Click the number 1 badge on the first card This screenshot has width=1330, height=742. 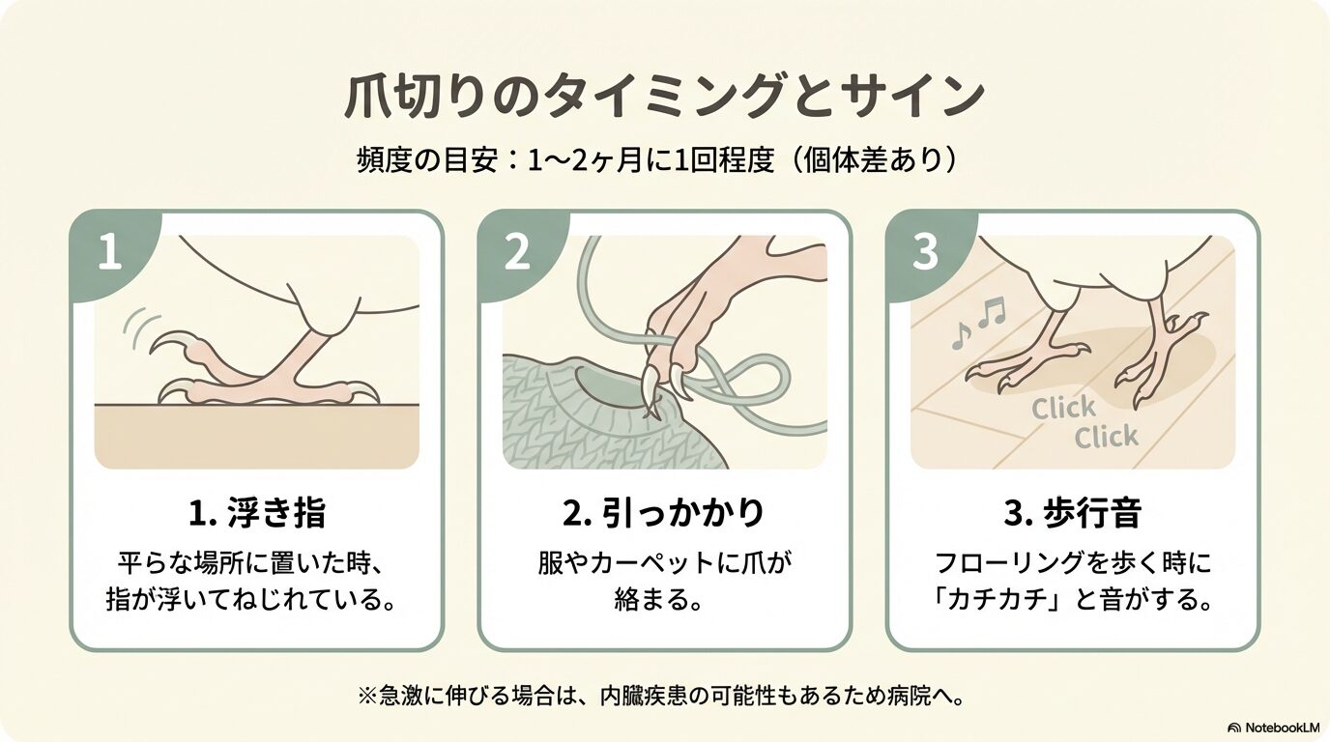(x=110, y=252)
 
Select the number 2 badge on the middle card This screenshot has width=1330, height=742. (x=516, y=252)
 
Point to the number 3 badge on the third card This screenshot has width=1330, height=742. (x=924, y=252)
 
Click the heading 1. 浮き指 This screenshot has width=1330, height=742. (x=257, y=512)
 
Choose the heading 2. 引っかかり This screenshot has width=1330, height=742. (x=664, y=512)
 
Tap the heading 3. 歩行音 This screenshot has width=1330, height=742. (x=1072, y=512)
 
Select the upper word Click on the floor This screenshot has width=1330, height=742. (x=1063, y=409)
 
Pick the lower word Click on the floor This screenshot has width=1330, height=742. (x=1106, y=437)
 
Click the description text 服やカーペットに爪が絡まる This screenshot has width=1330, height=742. (x=664, y=582)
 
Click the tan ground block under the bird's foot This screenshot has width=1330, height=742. (x=257, y=437)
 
